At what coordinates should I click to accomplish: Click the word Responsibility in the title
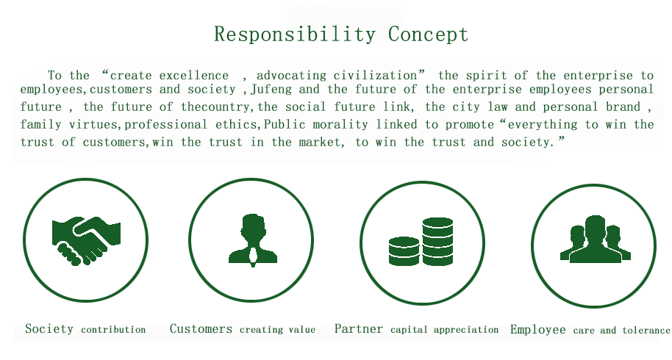(295, 35)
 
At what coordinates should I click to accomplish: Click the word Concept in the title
(428, 35)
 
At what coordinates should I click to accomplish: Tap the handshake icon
(86, 240)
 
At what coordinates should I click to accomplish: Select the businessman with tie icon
(253, 240)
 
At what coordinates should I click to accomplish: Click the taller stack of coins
(437, 242)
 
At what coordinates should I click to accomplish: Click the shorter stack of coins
(404, 251)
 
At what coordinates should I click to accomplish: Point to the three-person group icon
(596, 239)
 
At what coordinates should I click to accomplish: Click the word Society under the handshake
(49, 328)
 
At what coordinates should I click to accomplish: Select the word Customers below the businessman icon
(201, 328)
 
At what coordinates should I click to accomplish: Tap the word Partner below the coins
(358, 328)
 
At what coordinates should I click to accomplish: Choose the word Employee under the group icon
(538, 330)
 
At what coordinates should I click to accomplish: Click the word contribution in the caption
(113, 330)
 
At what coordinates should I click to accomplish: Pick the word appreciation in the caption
(466, 330)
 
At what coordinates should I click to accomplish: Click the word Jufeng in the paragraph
(271, 90)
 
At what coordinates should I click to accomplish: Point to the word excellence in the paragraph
(193, 76)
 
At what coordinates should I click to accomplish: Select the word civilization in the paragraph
(375, 76)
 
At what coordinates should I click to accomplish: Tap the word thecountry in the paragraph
(215, 107)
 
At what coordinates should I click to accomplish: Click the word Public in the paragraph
(285, 125)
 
